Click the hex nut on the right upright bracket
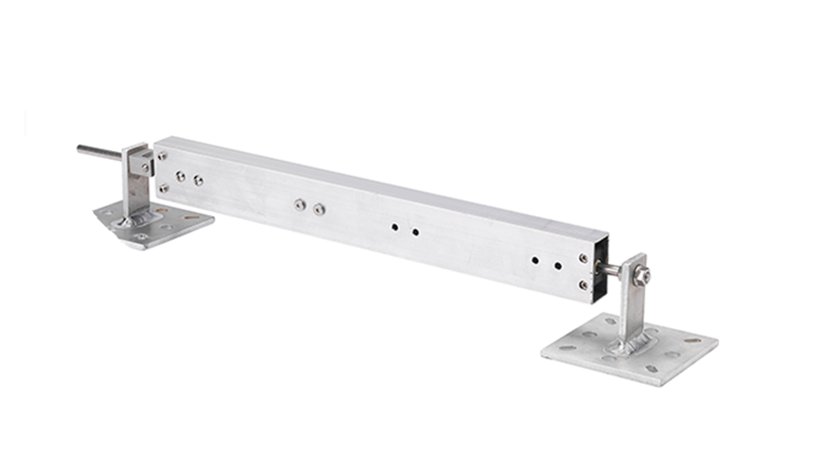[x=643, y=275]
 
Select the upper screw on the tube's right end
[x=583, y=257]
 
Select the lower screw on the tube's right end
[x=582, y=285]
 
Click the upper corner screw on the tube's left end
[x=162, y=156]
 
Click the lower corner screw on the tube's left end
[x=163, y=188]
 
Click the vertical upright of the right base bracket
[x=632, y=306]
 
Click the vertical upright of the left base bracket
[x=130, y=192]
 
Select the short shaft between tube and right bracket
[x=611, y=269]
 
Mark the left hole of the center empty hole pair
[x=394, y=228]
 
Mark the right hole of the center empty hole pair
[x=415, y=232]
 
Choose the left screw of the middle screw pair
[x=299, y=204]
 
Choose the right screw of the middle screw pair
[x=319, y=209]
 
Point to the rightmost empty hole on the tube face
[x=558, y=265]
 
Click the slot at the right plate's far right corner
[x=693, y=340]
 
